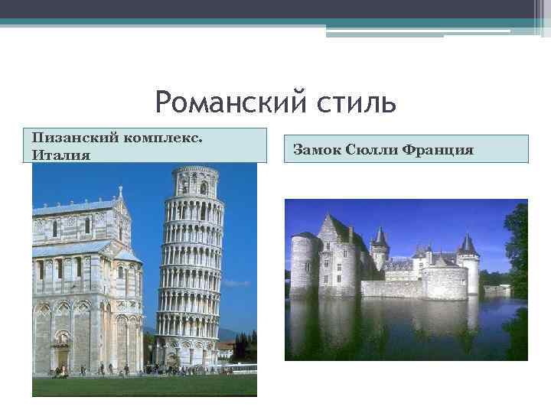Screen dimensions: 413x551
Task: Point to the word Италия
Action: pos(61,155)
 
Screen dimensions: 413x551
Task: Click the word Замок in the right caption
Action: pos(315,149)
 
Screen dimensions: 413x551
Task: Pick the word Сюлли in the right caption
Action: pos(368,149)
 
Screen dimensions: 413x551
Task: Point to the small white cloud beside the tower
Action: pos(237,282)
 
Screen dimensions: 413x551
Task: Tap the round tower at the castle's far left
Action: pos(305,264)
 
